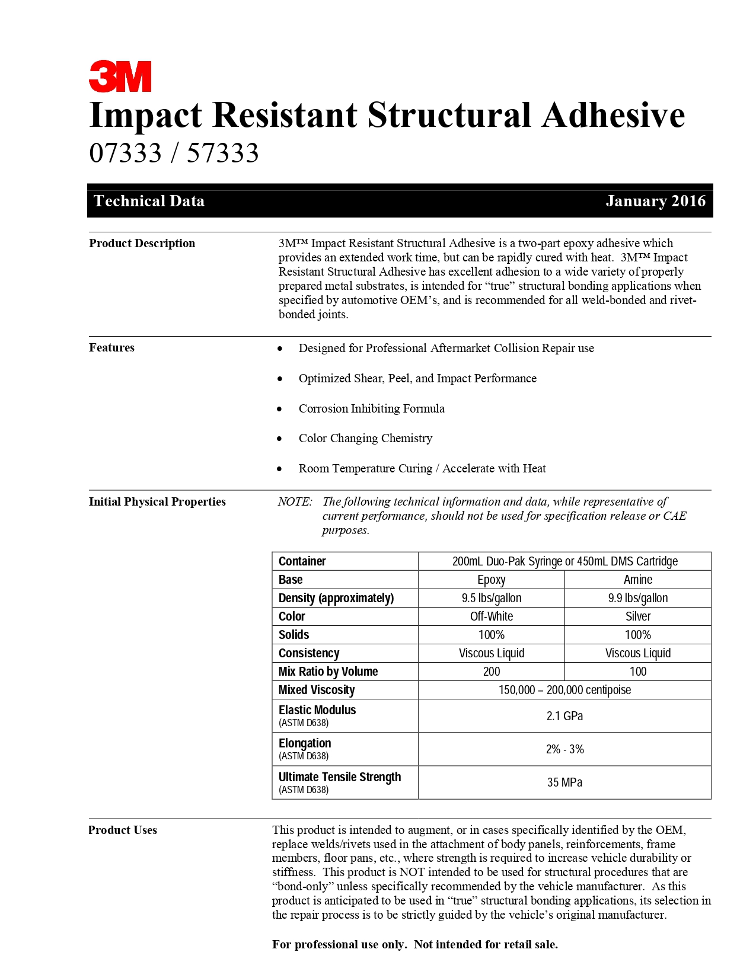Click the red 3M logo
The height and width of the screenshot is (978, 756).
[120, 76]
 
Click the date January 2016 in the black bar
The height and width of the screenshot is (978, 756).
[655, 201]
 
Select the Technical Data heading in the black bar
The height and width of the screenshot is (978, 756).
[149, 201]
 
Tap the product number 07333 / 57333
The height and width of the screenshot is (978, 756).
[174, 153]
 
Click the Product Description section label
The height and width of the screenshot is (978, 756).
[142, 243]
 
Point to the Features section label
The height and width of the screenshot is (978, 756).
[111, 347]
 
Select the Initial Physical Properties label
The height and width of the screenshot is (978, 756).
[157, 501]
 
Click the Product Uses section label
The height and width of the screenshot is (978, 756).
[123, 830]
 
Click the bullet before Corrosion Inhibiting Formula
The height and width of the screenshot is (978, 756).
[280, 409]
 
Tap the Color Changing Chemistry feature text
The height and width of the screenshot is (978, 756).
[365, 438]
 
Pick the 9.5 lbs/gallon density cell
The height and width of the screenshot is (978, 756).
[492, 598]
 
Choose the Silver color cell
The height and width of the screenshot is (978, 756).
[638, 616]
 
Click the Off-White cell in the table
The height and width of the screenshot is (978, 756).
[492, 616]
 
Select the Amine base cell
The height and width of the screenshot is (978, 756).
[638, 580]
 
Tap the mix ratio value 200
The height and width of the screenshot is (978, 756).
[492, 672]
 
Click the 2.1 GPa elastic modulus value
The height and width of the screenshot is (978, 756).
[564, 716]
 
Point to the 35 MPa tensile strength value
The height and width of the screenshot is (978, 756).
[564, 782]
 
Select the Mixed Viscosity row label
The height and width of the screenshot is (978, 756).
[317, 690]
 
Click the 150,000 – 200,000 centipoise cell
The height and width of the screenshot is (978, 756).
[564, 690]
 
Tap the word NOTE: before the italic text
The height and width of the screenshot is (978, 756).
[295, 501]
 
